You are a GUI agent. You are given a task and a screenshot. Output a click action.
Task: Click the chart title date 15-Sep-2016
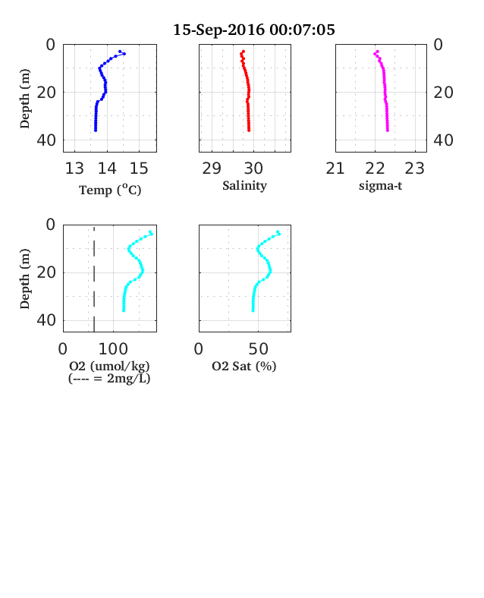click(x=218, y=30)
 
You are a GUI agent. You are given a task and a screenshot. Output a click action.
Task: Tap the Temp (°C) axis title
click(x=110, y=190)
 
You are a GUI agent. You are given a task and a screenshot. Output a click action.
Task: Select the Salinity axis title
click(x=244, y=186)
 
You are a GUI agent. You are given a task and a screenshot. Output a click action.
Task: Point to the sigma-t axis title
click(x=380, y=186)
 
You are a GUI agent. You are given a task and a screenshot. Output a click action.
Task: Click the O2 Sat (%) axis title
click(x=244, y=366)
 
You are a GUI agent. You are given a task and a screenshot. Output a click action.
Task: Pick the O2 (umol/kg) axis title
click(x=109, y=366)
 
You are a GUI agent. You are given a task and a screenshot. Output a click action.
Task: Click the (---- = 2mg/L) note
click(x=109, y=379)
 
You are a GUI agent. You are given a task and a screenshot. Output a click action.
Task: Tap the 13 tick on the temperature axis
click(x=74, y=168)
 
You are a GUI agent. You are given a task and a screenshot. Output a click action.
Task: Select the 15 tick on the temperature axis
click(x=139, y=168)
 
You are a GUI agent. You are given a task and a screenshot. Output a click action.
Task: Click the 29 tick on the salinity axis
click(x=212, y=168)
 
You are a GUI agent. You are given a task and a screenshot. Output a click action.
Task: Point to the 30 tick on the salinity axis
click(x=253, y=168)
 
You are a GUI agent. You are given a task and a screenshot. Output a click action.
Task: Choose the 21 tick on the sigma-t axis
click(x=335, y=168)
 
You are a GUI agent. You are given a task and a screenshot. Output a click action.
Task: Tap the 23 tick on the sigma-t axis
click(x=414, y=168)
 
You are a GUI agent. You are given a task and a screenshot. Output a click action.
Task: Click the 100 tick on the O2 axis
click(x=113, y=349)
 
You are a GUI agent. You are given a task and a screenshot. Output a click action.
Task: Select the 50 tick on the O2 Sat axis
click(x=259, y=349)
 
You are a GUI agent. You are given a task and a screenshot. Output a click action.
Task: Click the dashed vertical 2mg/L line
click(x=94, y=279)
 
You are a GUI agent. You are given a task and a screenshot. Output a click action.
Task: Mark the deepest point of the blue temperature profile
click(x=96, y=131)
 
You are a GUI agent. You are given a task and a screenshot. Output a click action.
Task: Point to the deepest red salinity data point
click(x=249, y=131)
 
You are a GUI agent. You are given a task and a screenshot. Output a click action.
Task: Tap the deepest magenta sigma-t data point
click(x=388, y=131)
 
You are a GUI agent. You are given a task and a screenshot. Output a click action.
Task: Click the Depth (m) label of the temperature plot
click(x=25, y=99)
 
